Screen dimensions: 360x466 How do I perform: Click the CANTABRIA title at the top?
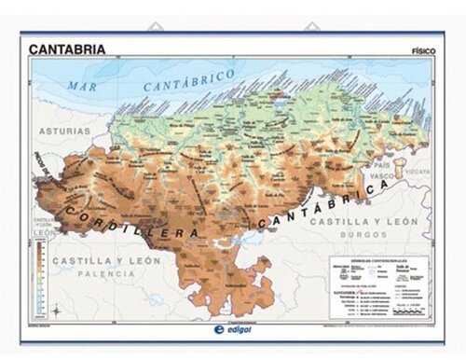pyautogui.click(x=66, y=48)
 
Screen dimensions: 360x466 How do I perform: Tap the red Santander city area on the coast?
pyautogui.click(x=278, y=93)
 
